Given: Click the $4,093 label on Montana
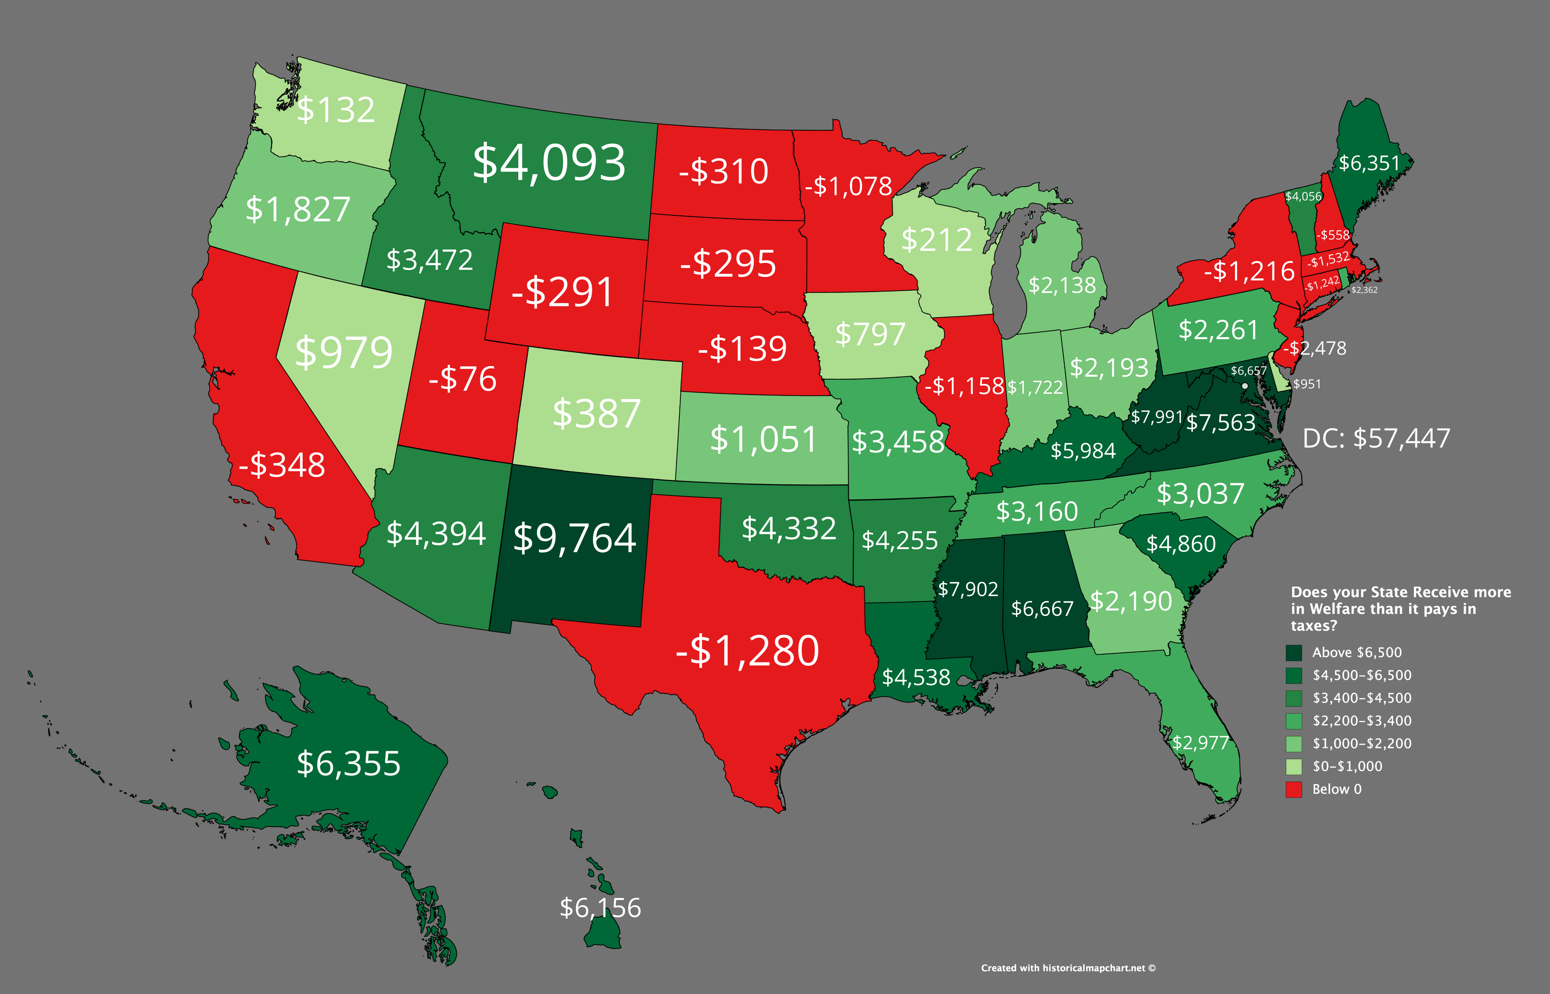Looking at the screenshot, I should (549, 163).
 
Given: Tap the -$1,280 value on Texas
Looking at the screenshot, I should (747, 651).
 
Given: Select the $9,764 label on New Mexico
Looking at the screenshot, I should (574, 538).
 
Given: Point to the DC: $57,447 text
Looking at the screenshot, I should (1376, 438).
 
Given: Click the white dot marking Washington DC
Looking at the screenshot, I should (1244, 386).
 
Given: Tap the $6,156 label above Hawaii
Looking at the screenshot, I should (600, 908).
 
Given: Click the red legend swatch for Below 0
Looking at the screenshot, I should (1294, 789).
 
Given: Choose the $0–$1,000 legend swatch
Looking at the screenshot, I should (1294, 767).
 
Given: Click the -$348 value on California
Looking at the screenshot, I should (282, 465).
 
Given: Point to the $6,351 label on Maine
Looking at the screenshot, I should (1368, 163).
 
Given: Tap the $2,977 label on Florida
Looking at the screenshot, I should (1200, 743).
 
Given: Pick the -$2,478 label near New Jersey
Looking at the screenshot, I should (1315, 349).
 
